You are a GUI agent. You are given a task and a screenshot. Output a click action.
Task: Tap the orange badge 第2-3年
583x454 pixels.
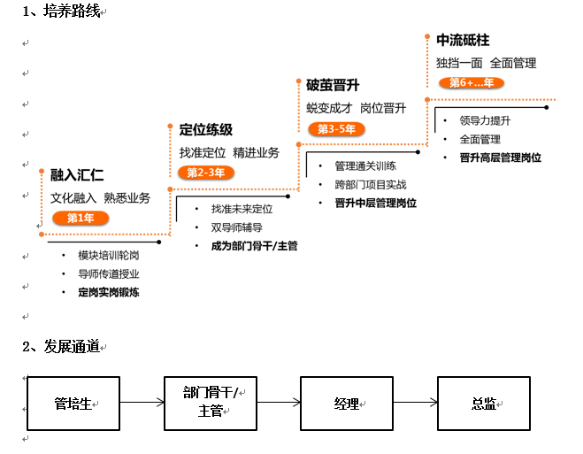click(206, 173)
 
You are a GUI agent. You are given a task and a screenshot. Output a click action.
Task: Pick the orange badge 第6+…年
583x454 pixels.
click(471, 83)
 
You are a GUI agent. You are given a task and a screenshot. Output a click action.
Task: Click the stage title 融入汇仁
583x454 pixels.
click(77, 175)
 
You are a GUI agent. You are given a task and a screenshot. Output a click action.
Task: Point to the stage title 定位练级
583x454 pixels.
click(205, 130)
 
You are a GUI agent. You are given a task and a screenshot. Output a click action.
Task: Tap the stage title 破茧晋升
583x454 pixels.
click(332, 86)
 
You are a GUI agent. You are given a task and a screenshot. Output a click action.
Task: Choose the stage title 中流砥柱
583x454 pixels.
click(463, 41)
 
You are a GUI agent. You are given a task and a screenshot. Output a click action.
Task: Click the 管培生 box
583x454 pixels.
click(73, 404)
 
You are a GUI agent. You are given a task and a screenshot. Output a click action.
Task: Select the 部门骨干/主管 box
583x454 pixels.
click(211, 404)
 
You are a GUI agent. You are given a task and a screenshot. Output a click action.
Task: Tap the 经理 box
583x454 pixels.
click(347, 404)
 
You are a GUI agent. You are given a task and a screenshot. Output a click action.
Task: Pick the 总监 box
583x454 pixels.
click(484, 404)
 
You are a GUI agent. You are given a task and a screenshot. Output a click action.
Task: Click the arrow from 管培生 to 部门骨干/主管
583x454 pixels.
click(142, 404)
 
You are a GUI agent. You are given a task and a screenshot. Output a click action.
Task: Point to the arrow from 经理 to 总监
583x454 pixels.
click(415, 404)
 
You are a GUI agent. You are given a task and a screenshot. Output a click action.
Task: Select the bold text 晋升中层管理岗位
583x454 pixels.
click(376, 204)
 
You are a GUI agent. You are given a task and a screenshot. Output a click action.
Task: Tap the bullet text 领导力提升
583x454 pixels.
click(485, 120)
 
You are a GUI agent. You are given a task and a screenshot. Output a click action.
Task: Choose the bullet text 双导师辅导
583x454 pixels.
click(237, 227)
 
